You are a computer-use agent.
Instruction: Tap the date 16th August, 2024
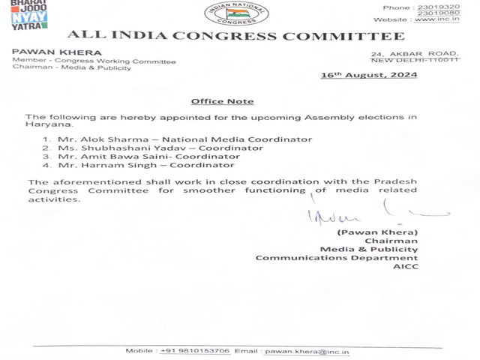coord(368,76)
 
